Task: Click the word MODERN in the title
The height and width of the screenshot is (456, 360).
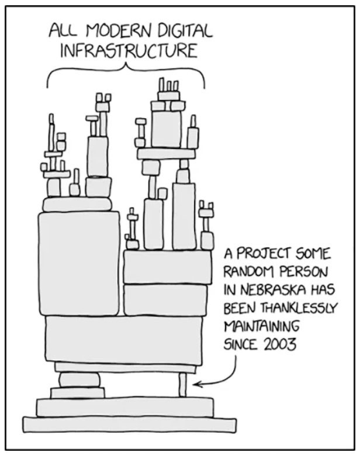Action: point(110,30)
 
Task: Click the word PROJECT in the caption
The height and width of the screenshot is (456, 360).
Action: point(266,255)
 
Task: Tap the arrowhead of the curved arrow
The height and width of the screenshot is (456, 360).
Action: point(196,384)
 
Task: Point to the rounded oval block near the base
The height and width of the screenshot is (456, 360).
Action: point(79,379)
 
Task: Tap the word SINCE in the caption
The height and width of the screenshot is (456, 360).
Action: point(240,343)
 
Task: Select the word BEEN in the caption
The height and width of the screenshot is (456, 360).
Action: point(238,308)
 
